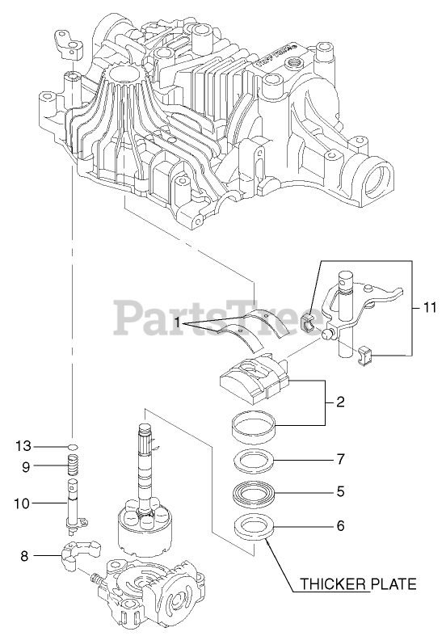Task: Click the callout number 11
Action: (429, 307)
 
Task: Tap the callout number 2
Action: (341, 402)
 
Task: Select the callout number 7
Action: (341, 459)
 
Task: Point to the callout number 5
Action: (341, 491)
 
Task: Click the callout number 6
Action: (341, 525)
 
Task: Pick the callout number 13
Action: (23, 446)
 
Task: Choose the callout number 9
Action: (26, 467)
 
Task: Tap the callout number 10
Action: (23, 503)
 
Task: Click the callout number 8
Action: (25, 556)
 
